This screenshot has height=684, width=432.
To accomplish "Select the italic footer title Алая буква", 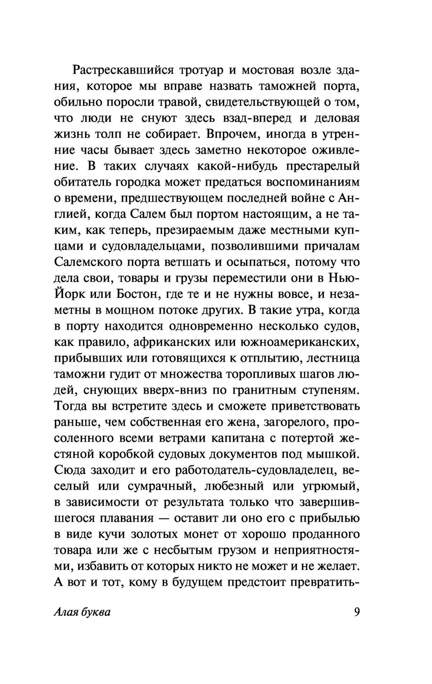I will click(83, 612).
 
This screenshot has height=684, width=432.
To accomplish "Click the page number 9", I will click(356, 612).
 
